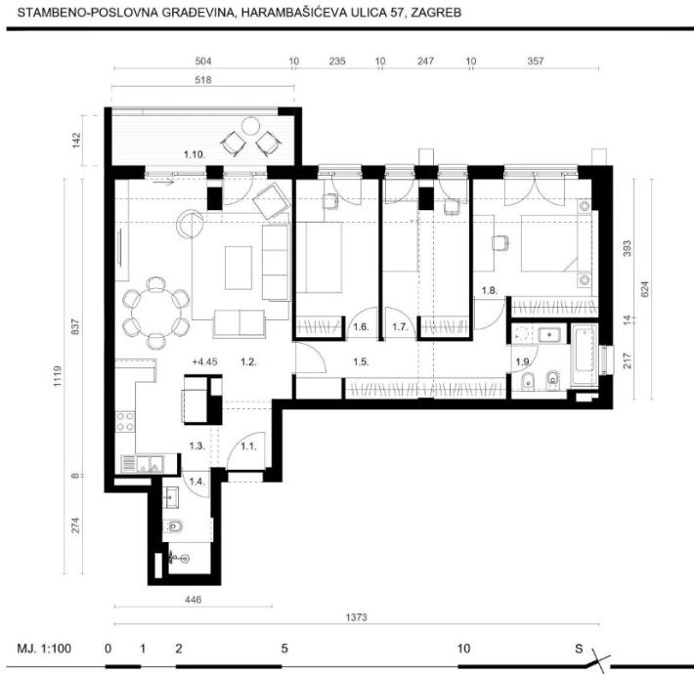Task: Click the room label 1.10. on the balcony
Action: point(194,154)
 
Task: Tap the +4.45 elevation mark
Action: point(205,361)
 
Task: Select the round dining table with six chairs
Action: point(155,313)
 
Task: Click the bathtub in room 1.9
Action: point(585,356)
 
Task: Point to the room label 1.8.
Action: point(490,290)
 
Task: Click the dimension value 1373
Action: point(357,617)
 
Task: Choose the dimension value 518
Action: point(203,80)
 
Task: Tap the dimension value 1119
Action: point(58,376)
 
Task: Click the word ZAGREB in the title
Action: point(436,13)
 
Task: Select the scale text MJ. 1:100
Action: point(44,649)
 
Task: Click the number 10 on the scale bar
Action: point(463,649)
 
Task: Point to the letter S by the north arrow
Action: point(579,649)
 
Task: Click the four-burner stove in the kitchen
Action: point(125,421)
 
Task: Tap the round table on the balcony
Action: point(250,126)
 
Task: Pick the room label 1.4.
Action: point(196,482)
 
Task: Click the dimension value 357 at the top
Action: point(535,61)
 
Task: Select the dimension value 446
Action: point(193,599)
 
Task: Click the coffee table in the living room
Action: point(239,268)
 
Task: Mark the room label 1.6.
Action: point(361,327)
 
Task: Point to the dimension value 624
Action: point(644,289)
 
